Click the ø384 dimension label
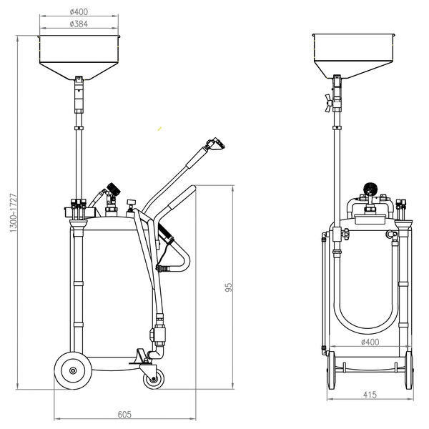[x=79, y=24]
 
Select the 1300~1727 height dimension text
[x=14, y=213]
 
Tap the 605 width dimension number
[x=124, y=415]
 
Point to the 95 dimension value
[x=229, y=287]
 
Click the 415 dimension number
[x=370, y=395]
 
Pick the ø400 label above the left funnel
[x=79, y=11]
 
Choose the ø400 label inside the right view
[x=370, y=342]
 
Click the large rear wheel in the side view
[x=73, y=370]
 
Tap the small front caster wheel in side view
[x=154, y=378]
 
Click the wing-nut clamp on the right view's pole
[x=329, y=103]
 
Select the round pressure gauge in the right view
[x=370, y=189]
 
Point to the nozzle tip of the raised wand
[x=220, y=144]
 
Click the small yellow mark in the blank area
[x=159, y=129]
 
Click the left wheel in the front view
[x=331, y=370]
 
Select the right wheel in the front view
[x=409, y=370]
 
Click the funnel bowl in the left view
[x=79, y=58]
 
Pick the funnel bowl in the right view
[x=354, y=56]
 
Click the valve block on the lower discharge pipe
[x=158, y=333]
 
